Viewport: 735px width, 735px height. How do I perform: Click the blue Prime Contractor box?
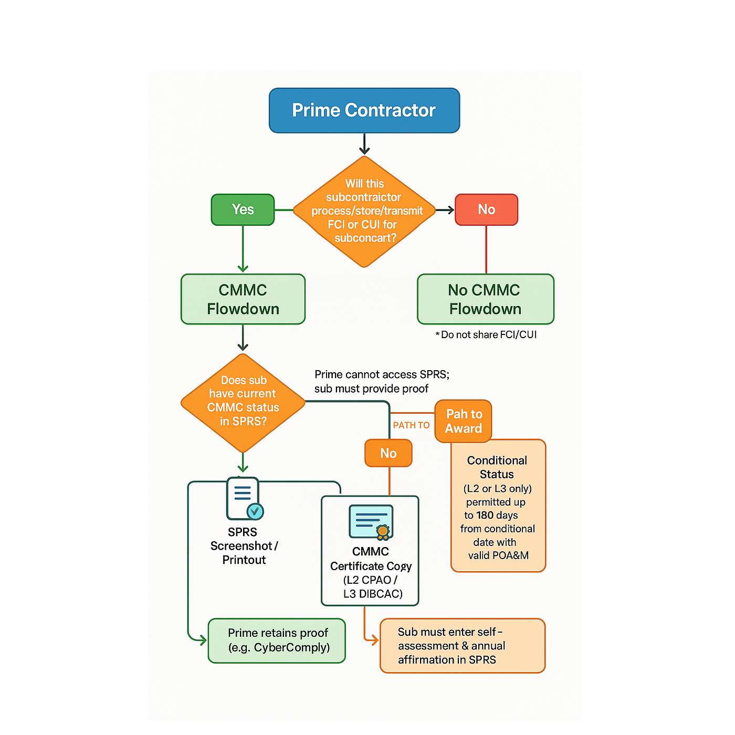click(364, 110)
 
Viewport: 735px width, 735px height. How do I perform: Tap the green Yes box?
click(243, 209)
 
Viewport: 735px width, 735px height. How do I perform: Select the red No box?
click(486, 209)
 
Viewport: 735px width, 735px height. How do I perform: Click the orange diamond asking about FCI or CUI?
click(364, 211)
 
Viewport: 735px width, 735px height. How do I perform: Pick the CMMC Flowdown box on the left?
click(243, 299)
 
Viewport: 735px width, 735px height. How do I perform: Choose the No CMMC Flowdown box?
click(485, 299)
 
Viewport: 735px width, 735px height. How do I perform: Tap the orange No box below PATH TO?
click(388, 453)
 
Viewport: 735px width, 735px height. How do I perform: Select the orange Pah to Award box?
click(463, 421)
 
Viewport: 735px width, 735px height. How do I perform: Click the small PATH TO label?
click(411, 425)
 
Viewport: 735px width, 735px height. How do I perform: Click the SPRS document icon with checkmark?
click(244, 498)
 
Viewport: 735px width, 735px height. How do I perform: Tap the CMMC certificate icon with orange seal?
click(371, 522)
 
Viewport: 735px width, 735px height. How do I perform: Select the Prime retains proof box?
click(277, 640)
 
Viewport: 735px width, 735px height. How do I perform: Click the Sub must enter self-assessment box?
click(463, 646)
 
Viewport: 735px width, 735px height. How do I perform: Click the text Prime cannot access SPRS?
click(382, 374)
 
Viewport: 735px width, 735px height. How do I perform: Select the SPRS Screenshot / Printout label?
click(244, 546)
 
